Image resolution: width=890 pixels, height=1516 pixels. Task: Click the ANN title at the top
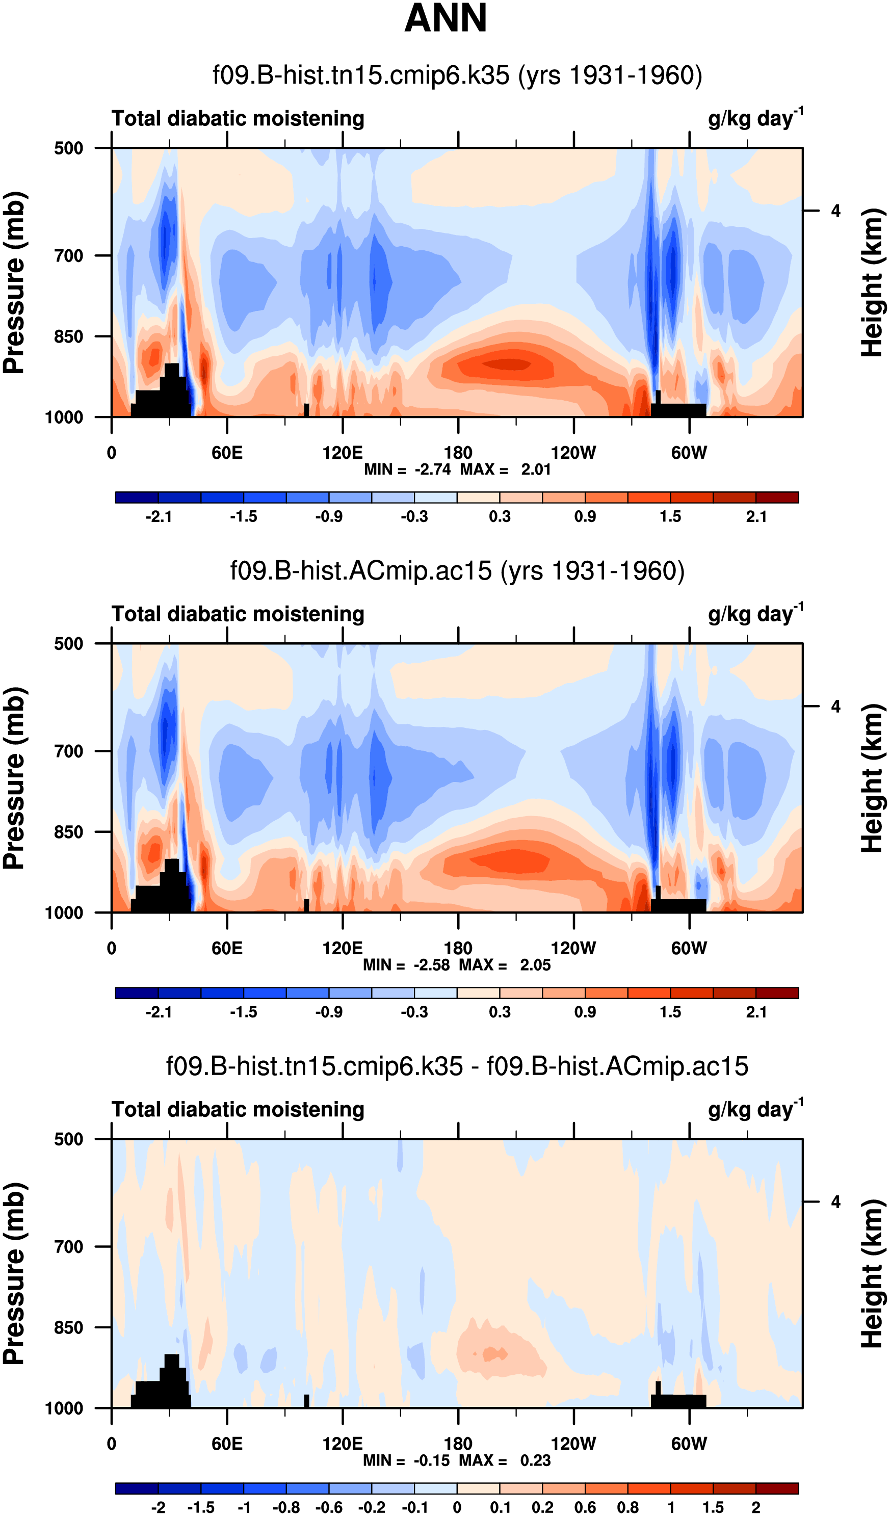(x=446, y=18)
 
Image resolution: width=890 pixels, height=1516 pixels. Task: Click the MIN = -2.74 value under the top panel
(x=407, y=469)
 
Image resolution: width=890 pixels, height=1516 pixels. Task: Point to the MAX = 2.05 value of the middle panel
(x=505, y=965)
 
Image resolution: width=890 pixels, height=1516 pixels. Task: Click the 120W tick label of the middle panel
(x=573, y=948)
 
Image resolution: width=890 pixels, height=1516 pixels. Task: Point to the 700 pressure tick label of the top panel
(x=69, y=256)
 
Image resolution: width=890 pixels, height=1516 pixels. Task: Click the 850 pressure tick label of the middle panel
(x=69, y=832)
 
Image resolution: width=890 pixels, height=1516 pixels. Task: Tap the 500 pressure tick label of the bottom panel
(x=69, y=1139)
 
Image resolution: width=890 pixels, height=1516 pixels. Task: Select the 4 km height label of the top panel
(x=835, y=211)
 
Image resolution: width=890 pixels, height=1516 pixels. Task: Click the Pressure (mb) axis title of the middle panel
(x=14, y=778)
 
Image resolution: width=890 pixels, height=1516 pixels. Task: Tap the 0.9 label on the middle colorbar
(x=585, y=1012)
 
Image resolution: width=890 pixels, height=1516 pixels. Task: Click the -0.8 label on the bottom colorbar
(x=286, y=1507)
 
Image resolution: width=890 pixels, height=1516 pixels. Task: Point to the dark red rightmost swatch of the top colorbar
(x=777, y=498)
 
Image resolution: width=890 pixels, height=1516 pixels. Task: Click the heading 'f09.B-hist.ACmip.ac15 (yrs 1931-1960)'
(x=457, y=570)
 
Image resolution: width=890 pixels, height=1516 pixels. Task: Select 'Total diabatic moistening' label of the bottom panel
(x=238, y=1110)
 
